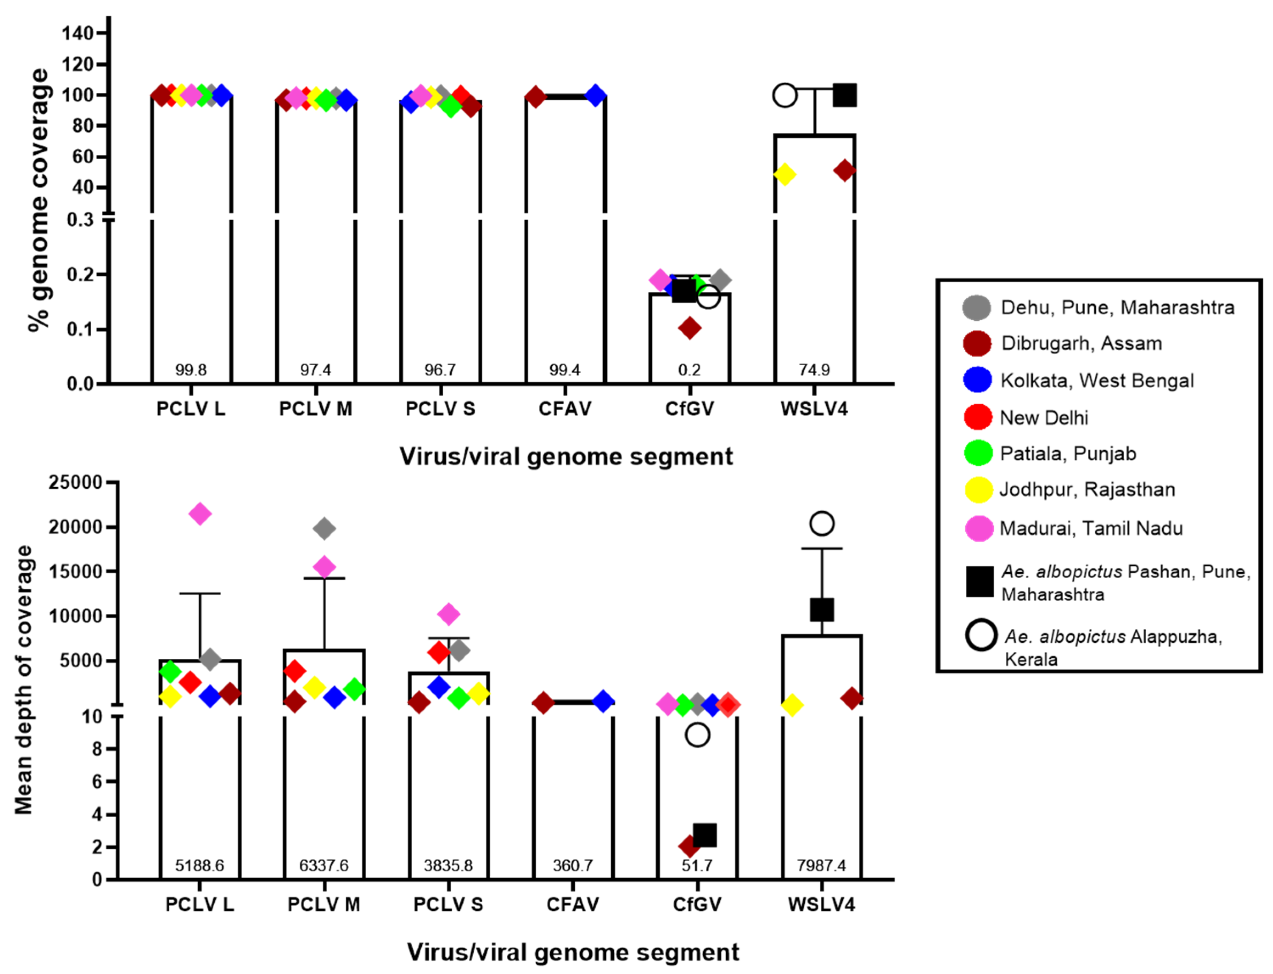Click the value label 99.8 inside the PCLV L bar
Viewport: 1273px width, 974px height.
191,370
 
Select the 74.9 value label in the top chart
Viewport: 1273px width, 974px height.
814,370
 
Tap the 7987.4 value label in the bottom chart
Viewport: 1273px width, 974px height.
821,865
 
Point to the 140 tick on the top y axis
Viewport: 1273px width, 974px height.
78,33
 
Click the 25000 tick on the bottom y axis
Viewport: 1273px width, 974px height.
76,482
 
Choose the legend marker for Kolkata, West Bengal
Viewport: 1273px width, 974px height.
977,380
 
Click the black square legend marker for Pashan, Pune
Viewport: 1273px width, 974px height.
980,582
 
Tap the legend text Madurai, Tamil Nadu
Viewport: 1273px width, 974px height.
1091,528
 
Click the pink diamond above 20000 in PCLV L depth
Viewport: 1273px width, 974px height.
200,514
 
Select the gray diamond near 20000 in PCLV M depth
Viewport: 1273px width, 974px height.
324,528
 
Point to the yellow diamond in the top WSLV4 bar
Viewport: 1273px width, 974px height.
785,174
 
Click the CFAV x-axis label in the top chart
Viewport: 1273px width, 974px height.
565,409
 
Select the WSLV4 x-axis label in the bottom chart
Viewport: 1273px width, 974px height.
821,904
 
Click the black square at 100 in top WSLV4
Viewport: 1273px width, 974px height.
844,95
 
